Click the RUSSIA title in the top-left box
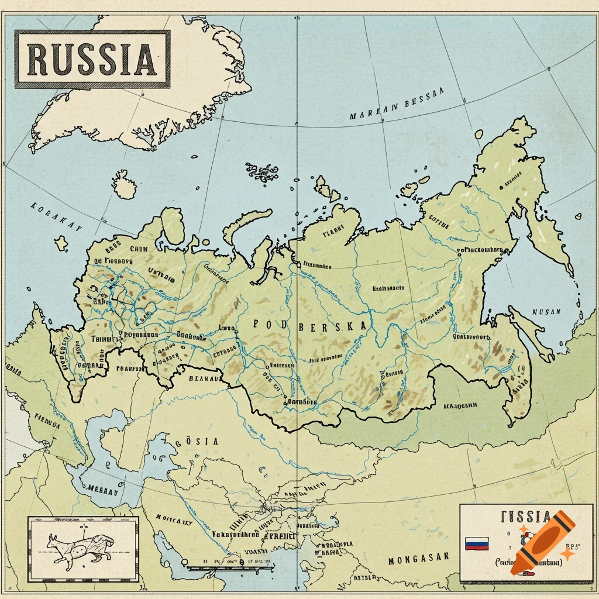pos(92,59)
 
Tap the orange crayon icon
pos(542,542)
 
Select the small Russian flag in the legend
pos(476,543)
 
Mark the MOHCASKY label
pos(174,518)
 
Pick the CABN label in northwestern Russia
pos(139,248)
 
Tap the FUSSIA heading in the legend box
pos(525,517)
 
